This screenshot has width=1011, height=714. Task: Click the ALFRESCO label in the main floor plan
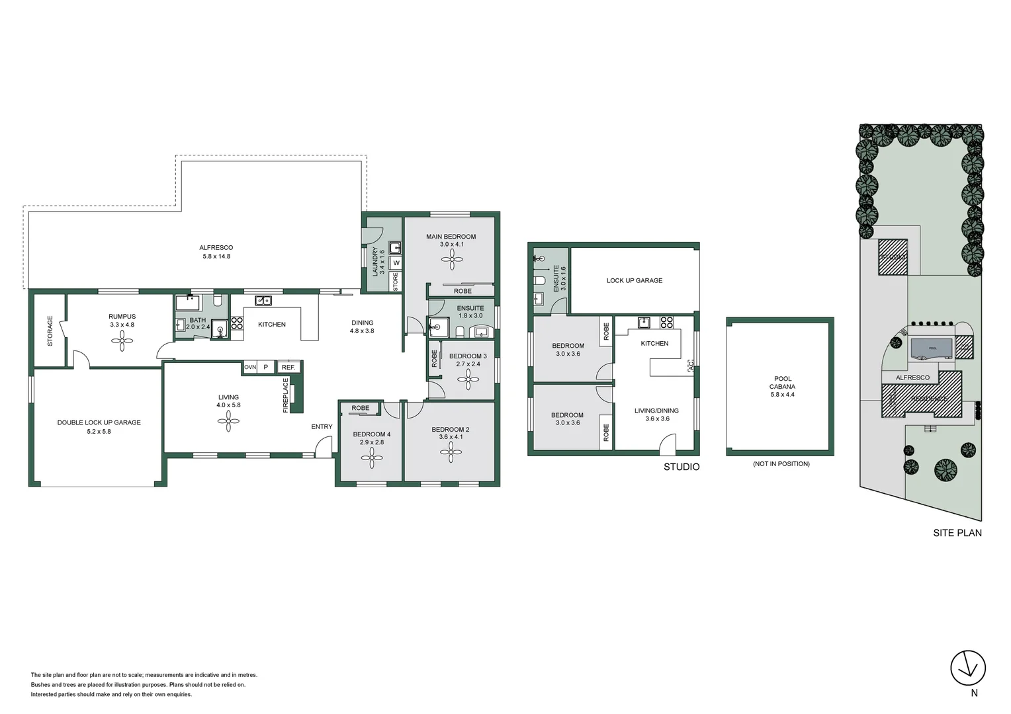pyautogui.click(x=216, y=247)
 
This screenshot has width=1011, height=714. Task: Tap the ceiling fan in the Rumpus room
pyautogui.click(x=122, y=340)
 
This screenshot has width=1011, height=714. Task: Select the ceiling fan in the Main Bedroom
pyautogui.click(x=452, y=259)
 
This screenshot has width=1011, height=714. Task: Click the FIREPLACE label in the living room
pyautogui.click(x=286, y=395)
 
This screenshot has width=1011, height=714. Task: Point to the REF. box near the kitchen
pyautogui.click(x=288, y=367)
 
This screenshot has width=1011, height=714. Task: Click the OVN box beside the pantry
pyautogui.click(x=250, y=367)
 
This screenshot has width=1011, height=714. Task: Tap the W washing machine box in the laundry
pyautogui.click(x=396, y=263)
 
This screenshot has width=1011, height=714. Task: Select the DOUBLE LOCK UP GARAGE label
pyautogui.click(x=99, y=422)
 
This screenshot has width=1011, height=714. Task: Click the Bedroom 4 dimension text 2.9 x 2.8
pyautogui.click(x=372, y=442)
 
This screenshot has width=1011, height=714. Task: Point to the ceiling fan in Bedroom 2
pyautogui.click(x=451, y=452)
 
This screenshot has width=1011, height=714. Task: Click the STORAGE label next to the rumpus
pyautogui.click(x=50, y=331)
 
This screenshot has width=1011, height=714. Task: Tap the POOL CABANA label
pyautogui.click(x=782, y=383)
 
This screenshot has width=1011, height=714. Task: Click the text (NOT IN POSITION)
pyautogui.click(x=781, y=464)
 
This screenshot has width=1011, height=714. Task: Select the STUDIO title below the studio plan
pyautogui.click(x=681, y=467)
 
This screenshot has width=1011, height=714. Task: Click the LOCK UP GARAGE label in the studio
pyautogui.click(x=634, y=280)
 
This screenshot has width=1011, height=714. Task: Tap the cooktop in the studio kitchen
pyautogui.click(x=666, y=323)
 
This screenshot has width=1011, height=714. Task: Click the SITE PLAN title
pyautogui.click(x=957, y=532)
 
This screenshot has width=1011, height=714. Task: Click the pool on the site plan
pyautogui.click(x=932, y=348)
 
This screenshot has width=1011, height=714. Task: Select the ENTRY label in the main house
pyautogui.click(x=322, y=426)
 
